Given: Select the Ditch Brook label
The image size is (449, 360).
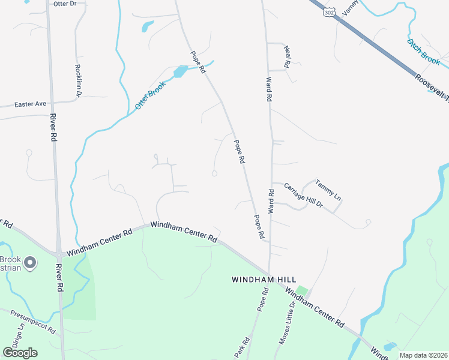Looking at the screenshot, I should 423,52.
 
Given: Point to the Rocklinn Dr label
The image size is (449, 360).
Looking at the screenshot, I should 78,80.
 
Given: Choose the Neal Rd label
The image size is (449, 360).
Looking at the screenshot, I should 288,57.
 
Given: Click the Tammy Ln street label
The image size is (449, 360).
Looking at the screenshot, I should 328,189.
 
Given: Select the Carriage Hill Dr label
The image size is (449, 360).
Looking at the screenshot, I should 304,196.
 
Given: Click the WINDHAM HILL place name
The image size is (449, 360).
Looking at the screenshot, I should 261,280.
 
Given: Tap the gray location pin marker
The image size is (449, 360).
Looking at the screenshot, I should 31,263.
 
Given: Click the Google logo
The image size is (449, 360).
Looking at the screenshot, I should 20,352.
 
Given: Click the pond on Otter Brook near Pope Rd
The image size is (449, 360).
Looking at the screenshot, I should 179,72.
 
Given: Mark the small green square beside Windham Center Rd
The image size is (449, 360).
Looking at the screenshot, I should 302,291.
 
